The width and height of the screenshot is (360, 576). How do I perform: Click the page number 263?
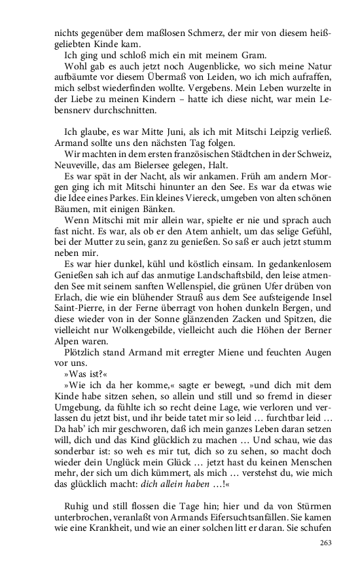pos(326,543)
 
